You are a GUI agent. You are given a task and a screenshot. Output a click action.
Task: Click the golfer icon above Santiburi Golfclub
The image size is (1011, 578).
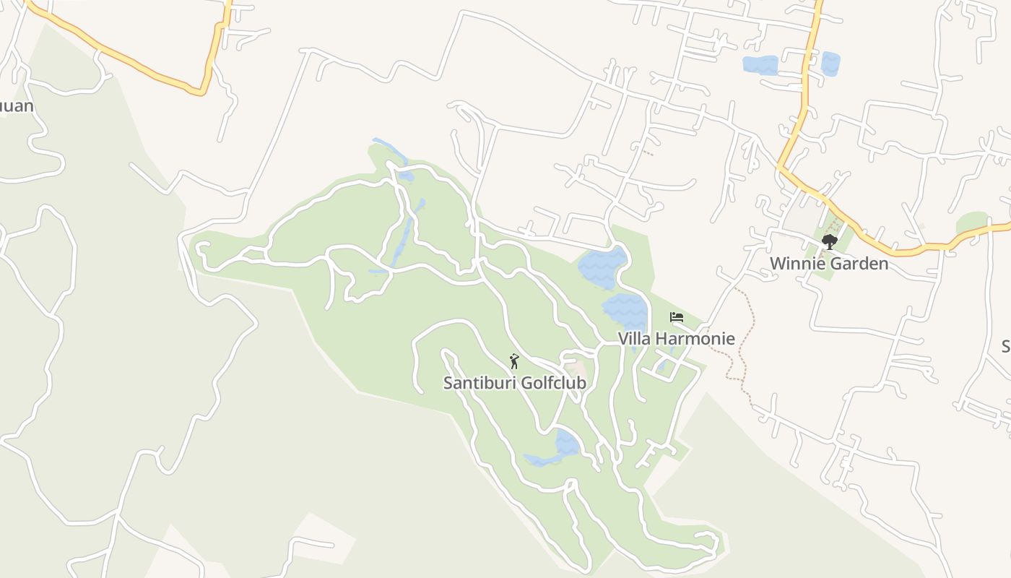pyautogui.click(x=514, y=361)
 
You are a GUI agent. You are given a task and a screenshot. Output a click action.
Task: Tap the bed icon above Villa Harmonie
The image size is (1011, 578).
pyautogui.click(x=676, y=317)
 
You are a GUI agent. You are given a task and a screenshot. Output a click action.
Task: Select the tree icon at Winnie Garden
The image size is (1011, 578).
pyautogui.click(x=829, y=242)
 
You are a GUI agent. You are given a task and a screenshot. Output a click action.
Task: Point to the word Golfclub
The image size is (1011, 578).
pyautogui.click(x=552, y=383)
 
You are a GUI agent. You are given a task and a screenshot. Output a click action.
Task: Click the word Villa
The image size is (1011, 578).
pyautogui.click(x=634, y=338)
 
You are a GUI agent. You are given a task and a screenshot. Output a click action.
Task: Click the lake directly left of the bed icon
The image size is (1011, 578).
pyautogui.click(x=625, y=310)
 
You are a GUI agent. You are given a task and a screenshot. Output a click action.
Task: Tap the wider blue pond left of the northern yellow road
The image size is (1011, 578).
pyautogui.click(x=760, y=65)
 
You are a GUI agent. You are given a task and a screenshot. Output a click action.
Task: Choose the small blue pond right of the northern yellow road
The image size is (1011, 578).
pyautogui.click(x=830, y=64)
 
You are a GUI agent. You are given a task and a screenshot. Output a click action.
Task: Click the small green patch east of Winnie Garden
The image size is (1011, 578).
pyautogui.click(x=971, y=223)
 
